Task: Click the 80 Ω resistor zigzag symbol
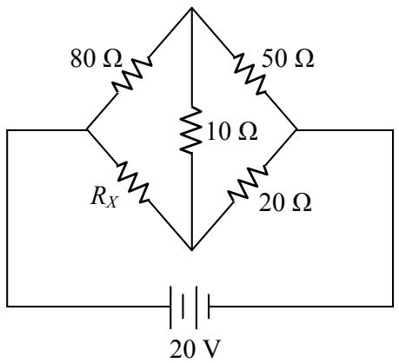point(132,75)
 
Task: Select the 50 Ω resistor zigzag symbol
point(250,75)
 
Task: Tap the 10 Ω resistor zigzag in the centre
point(191,129)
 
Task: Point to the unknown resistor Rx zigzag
point(134,182)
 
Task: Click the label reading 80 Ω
point(96,59)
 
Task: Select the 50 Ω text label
point(288,59)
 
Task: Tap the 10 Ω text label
point(232,131)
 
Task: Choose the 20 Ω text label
point(285,202)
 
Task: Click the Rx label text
point(104,198)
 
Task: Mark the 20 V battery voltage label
point(195,349)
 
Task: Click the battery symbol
point(190,307)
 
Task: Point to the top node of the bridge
point(191,8)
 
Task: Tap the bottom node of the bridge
point(191,249)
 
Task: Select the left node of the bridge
point(87,130)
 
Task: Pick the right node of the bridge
point(296,130)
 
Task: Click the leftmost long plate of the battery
point(170,307)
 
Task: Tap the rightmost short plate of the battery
point(209,307)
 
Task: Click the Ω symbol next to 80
point(112,59)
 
